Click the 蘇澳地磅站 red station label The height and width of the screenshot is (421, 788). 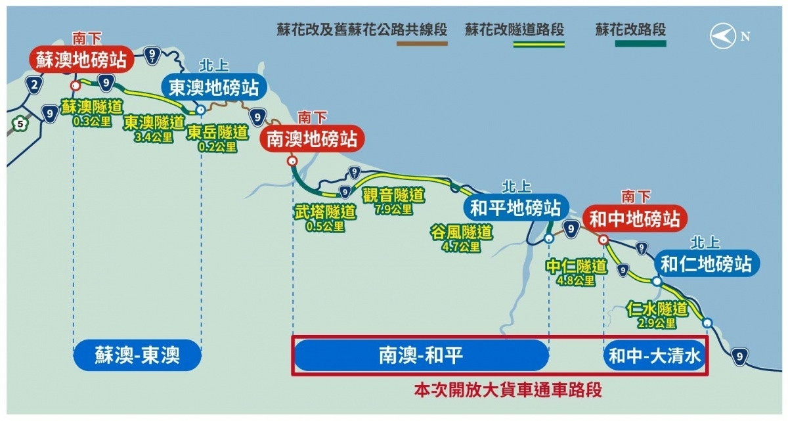tap(81, 59)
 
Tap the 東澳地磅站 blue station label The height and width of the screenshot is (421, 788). tap(214, 87)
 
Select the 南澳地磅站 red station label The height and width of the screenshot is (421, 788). tap(312, 139)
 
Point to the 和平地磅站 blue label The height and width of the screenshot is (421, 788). tap(515, 208)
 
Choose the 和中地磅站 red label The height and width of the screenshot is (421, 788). tap(635, 219)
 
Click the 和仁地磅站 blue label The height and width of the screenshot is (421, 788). tap(707, 264)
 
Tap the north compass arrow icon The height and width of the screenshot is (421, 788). tap(722, 36)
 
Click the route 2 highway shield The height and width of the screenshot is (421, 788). tap(34, 85)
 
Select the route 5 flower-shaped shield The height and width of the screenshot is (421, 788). tap(20, 123)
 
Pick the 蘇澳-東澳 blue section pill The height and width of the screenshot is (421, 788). tap(137, 355)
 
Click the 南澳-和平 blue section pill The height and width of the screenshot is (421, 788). tap(421, 355)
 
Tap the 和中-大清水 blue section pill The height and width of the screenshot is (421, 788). tap(655, 355)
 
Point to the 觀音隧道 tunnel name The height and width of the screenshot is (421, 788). tap(393, 196)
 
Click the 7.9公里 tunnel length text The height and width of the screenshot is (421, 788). tap(393, 210)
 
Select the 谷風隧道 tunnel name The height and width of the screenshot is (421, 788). tap(461, 233)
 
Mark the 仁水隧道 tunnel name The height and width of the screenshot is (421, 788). tap(657, 309)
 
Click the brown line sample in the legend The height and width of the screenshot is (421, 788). tap(422, 43)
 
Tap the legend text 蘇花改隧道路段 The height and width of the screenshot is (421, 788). tap(514, 29)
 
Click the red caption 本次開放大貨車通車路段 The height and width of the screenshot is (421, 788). tap(508, 390)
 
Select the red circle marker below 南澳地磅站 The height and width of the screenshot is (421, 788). tap(292, 161)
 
